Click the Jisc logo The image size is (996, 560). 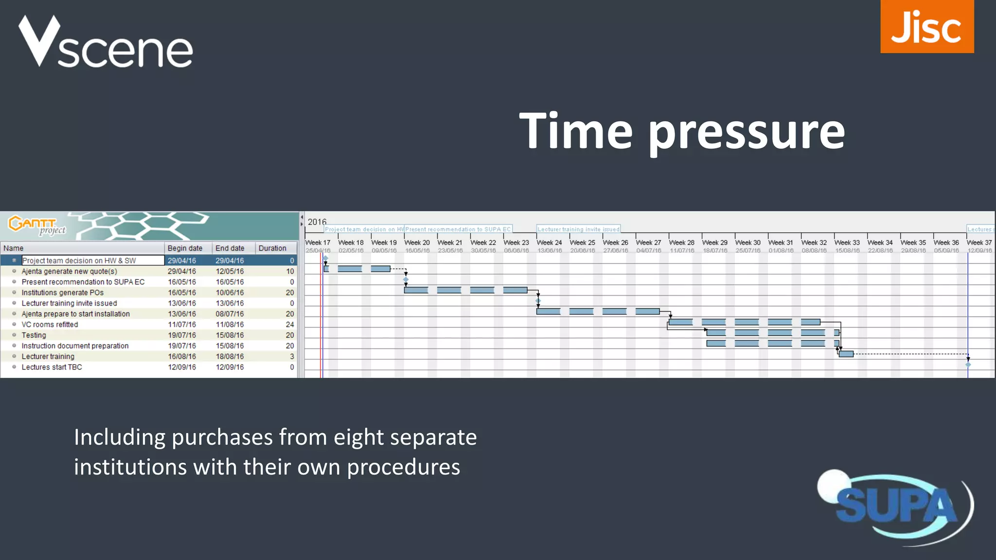(x=926, y=27)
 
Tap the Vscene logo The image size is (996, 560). (x=106, y=42)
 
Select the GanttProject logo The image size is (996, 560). (x=37, y=225)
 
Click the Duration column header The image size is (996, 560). (x=272, y=248)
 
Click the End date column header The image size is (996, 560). (x=230, y=248)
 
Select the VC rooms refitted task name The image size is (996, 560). (x=50, y=325)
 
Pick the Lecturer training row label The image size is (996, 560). (x=48, y=356)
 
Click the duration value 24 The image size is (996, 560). (x=290, y=325)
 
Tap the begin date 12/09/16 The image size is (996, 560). (x=182, y=367)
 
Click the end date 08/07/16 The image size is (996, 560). (x=230, y=314)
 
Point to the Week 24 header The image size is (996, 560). (x=549, y=243)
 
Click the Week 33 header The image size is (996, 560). (x=847, y=243)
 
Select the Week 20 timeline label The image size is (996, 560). (x=417, y=243)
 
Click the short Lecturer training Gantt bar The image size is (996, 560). (x=846, y=354)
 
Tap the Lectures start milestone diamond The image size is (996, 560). (x=968, y=365)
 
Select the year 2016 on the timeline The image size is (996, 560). (x=317, y=222)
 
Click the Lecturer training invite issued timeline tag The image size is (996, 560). (x=578, y=229)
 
